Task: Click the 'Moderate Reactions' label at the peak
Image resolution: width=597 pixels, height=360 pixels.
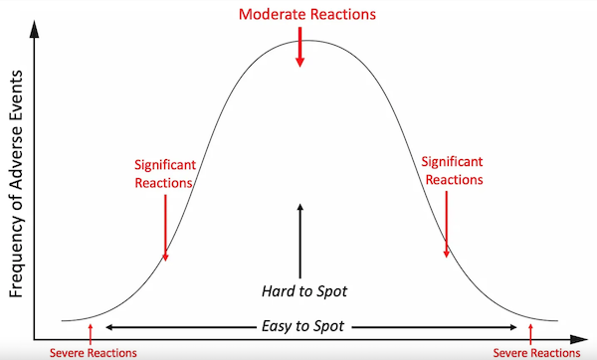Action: click(307, 15)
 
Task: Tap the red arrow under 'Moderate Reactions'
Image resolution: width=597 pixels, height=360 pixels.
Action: click(300, 47)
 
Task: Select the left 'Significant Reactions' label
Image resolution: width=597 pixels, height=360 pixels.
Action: click(165, 174)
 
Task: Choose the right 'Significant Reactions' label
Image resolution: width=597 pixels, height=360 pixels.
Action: click(453, 170)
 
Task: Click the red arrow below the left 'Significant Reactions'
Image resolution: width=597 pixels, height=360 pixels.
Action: click(165, 228)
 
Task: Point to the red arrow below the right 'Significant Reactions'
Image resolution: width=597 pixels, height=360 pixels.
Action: click(446, 225)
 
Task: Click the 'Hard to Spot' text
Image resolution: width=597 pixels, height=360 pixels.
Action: click(304, 291)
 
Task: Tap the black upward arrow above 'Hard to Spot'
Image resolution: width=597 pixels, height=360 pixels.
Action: click(300, 242)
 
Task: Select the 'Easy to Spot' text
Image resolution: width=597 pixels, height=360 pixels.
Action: click(303, 326)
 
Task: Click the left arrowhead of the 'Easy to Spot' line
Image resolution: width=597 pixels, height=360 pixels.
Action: click(108, 327)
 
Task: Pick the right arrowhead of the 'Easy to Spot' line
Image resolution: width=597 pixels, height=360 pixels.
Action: click(513, 327)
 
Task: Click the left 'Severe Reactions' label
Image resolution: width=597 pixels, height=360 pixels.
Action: click(94, 353)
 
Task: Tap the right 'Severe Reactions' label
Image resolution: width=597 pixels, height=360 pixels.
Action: click(536, 353)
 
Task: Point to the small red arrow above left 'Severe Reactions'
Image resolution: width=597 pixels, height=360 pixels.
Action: click(91, 334)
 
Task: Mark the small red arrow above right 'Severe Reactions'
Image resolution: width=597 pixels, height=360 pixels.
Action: click(530, 334)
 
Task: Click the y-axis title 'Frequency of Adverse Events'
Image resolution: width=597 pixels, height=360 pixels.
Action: click(16, 183)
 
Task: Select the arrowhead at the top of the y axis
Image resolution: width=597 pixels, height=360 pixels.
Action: click(34, 29)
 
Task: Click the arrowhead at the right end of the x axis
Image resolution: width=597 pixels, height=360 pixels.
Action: click(579, 339)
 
